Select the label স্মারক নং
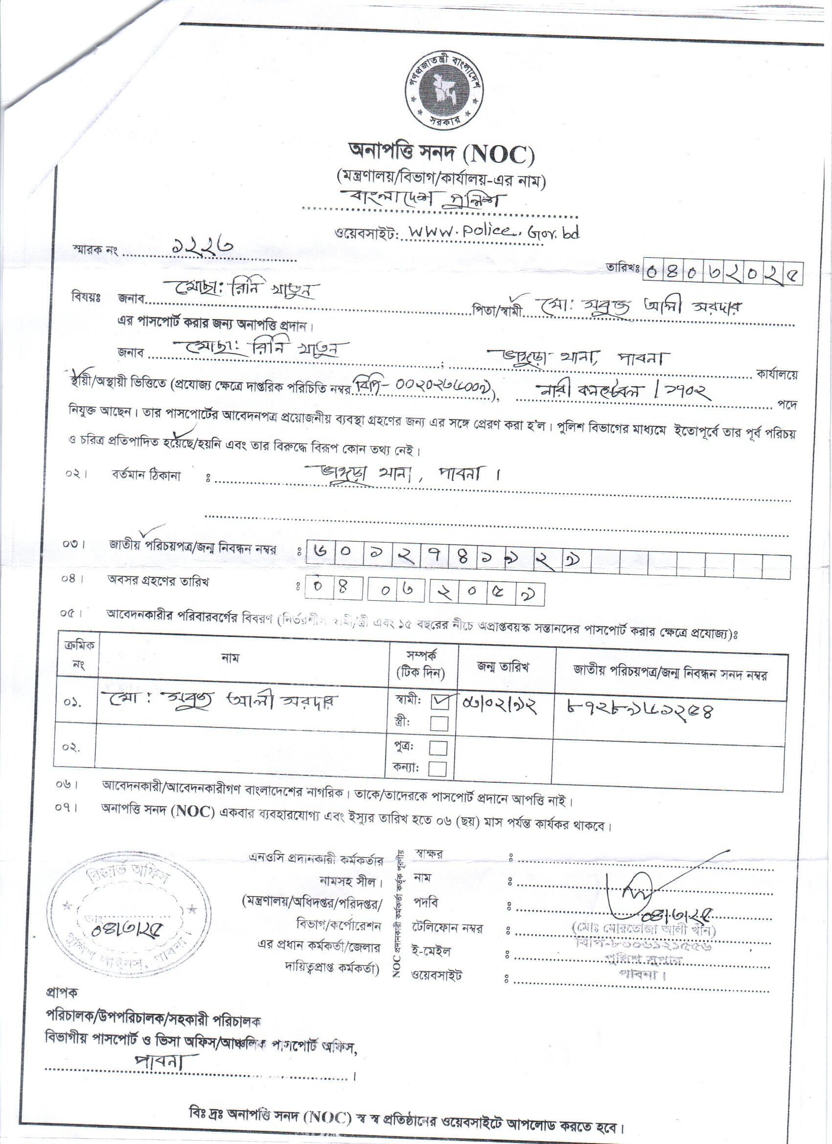tap(94, 251)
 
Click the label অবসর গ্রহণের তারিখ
tap(158, 581)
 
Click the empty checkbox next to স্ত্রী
tap(438, 724)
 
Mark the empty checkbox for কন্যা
tap(437, 769)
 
